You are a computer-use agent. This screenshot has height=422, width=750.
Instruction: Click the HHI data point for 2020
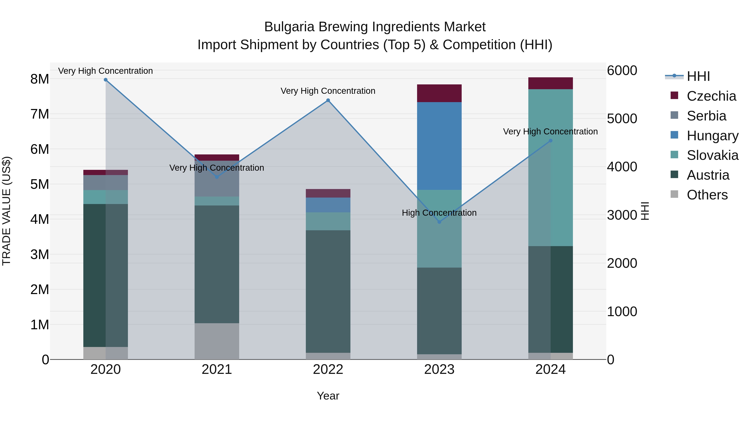click(106, 80)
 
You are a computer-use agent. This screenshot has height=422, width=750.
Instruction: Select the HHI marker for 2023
click(439, 222)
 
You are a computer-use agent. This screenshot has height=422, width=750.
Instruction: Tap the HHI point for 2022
click(328, 100)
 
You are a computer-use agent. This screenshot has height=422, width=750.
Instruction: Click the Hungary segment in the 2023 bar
click(439, 146)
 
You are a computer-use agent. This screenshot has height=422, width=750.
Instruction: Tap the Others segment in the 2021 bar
click(217, 341)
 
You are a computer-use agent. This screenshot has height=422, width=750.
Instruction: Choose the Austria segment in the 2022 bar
click(328, 291)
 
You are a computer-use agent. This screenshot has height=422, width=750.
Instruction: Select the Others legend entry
click(707, 195)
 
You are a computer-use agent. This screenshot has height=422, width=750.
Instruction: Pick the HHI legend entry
click(698, 76)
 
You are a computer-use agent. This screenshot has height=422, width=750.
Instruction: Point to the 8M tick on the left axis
click(40, 79)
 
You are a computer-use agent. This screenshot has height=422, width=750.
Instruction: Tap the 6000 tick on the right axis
click(622, 70)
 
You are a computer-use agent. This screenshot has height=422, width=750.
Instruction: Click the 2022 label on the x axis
click(328, 369)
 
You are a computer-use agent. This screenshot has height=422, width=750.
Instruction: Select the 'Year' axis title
click(328, 396)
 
